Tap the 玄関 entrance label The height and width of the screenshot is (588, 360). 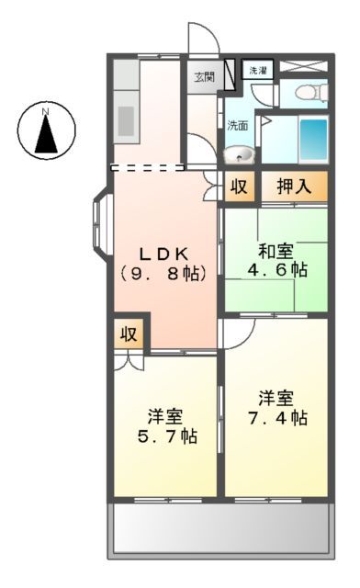[x=204, y=77]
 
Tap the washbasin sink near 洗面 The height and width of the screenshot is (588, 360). [x=241, y=153]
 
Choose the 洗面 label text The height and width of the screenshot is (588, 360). [x=237, y=126]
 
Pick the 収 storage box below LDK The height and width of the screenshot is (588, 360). [x=129, y=334]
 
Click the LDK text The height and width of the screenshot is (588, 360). [x=163, y=253]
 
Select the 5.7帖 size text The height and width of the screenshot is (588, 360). [x=163, y=436]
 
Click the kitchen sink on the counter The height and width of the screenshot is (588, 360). [x=126, y=118]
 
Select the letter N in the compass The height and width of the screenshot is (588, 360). [x=46, y=113]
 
